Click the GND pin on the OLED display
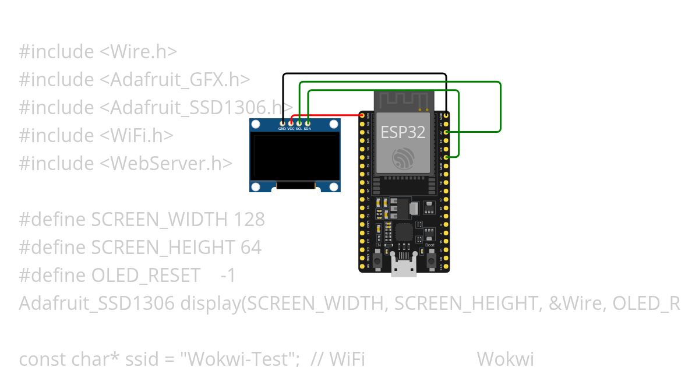[x=283, y=122]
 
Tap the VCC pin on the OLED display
[x=291, y=122]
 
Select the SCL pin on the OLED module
[x=299, y=122]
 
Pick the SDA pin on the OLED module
[x=307, y=122]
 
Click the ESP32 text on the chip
[x=403, y=132]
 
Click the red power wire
[x=332, y=115]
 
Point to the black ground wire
[x=364, y=74]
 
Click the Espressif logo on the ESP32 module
[x=403, y=158]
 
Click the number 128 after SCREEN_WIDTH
[x=249, y=219]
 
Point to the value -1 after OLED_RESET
[x=228, y=275]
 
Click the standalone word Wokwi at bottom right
[x=505, y=359]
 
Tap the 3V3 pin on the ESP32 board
[x=362, y=117]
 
